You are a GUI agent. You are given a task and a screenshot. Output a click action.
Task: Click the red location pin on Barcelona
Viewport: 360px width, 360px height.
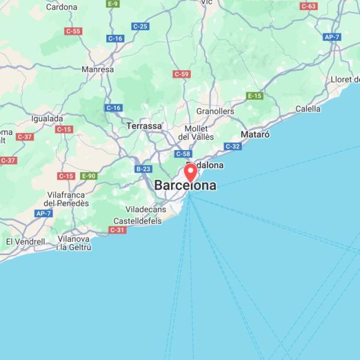click(191, 172)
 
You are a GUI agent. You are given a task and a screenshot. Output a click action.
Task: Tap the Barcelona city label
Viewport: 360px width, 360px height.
click(185, 186)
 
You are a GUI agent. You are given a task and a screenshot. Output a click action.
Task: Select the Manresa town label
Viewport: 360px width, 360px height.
click(98, 70)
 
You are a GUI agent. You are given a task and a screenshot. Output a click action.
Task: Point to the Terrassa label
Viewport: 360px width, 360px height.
click(144, 126)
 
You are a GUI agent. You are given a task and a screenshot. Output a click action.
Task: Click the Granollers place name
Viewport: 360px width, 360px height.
click(215, 112)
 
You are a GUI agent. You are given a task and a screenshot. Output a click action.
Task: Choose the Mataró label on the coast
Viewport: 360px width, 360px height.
click(255, 134)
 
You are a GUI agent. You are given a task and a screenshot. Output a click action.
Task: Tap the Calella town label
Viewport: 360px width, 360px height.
click(308, 109)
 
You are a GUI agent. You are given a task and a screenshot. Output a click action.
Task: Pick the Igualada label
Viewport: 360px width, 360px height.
click(47, 119)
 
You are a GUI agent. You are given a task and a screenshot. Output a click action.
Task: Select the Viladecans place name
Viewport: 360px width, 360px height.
click(145, 209)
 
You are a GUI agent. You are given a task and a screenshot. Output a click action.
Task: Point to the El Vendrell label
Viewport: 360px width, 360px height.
click(25, 241)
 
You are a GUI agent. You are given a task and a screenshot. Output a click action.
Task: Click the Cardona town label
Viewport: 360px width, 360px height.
click(62, 7)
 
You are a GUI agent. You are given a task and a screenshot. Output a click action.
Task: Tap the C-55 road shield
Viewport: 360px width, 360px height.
click(73, 31)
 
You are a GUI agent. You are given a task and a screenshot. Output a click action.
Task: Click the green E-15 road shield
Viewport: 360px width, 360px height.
click(255, 96)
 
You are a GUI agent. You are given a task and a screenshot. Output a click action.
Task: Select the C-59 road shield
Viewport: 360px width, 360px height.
click(181, 74)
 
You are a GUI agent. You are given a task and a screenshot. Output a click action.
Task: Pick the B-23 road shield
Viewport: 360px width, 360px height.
click(143, 169)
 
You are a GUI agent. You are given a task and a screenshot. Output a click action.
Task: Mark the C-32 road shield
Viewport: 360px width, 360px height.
click(233, 146)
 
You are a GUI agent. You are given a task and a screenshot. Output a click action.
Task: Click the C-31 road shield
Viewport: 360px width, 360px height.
click(118, 230)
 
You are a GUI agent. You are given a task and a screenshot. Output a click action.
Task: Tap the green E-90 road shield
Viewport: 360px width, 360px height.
click(88, 176)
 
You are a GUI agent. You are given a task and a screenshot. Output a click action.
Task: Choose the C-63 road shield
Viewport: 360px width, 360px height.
click(309, 6)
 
